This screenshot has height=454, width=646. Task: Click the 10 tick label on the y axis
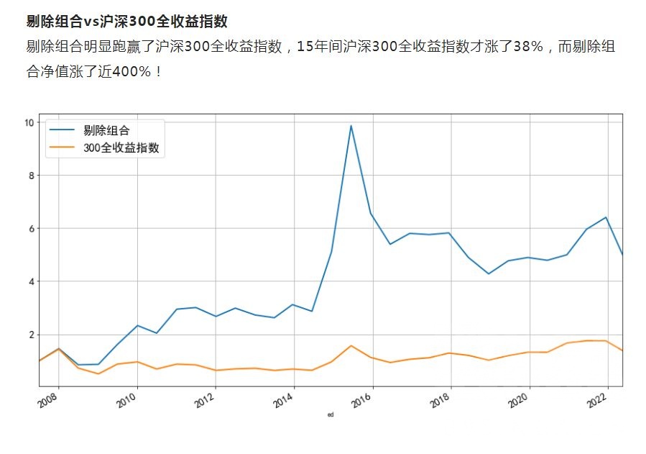click(x=28, y=122)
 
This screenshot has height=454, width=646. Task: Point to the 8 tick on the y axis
click(x=30, y=176)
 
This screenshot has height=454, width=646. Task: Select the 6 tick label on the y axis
click(x=30, y=229)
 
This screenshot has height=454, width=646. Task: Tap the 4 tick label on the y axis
click(x=30, y=282)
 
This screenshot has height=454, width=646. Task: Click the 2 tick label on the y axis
click(x=30, y=335)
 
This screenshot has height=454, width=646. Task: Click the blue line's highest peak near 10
click(x=351, y=126)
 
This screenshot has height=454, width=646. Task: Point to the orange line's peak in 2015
click(x=351, y=345)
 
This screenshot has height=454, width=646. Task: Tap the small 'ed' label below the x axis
click(x=330, y=415)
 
